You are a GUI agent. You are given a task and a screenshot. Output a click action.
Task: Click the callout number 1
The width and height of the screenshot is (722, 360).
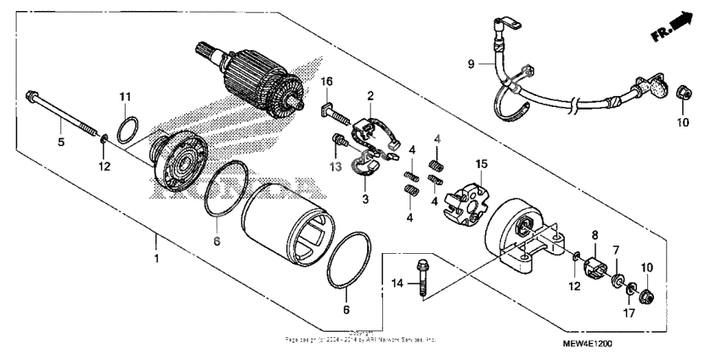coord(155,256)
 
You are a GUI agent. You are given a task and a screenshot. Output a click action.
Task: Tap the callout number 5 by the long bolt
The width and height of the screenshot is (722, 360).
coord(60,143)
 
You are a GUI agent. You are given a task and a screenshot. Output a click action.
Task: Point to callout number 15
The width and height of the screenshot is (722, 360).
coord(482,162)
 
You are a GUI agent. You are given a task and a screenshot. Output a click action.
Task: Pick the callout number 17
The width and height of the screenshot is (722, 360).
coord(629,312)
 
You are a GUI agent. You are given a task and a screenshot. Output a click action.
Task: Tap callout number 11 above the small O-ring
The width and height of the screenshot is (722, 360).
coord(125,95)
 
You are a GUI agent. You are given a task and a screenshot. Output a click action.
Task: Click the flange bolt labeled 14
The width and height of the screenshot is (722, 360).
coord(422,278)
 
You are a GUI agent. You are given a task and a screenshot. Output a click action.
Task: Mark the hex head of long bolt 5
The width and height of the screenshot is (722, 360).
coord(31,93)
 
